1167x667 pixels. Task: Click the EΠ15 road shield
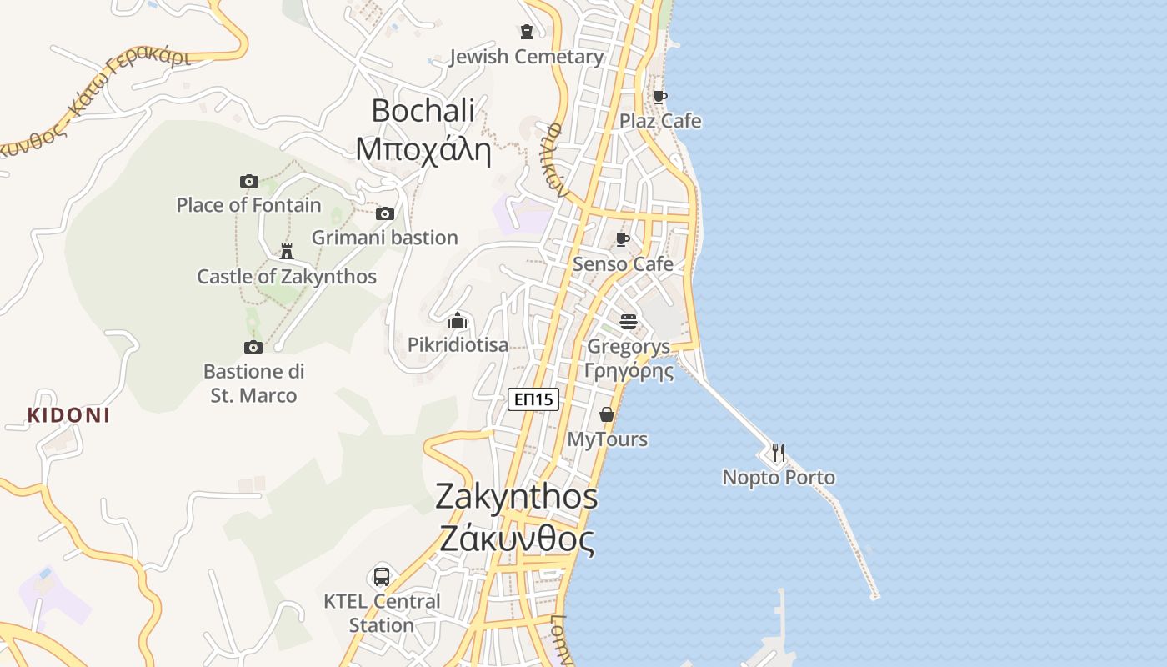click(x=533, y=400)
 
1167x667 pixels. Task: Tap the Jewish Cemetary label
click(x=526, y=57)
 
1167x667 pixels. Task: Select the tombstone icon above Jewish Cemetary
click(x=526, y=32)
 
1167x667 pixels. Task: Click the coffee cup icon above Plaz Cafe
click(x=659, y=97)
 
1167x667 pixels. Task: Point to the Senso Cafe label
click(x=623, y=264)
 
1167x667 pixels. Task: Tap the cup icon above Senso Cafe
click(x=622, y=240)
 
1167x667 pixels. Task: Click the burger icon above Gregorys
click(x=629, y=321)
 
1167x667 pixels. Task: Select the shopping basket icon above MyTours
click(x=607, y=414)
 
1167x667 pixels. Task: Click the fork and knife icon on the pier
click(x=778, y=453)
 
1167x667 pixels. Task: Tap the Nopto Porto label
click(x=779, y=478)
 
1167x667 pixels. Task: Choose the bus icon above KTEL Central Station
click(x=381, y=576)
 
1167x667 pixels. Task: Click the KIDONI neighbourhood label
click(x=68, y=415)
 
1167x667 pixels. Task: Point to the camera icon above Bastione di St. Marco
click(x=253, y=347)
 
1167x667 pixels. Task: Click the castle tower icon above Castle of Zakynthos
click(x=287, y=251)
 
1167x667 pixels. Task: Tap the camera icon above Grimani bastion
click(x=384, y=214)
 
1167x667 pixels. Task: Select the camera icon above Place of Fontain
click(x=248, y=181)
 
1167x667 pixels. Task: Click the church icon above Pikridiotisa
click(x=457, y=321)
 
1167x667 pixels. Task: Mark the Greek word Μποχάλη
click(x=423, y=150)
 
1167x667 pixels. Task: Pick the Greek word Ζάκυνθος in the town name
click(x=517, y=540)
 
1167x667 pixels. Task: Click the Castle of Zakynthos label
click(x=287, y=277)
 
